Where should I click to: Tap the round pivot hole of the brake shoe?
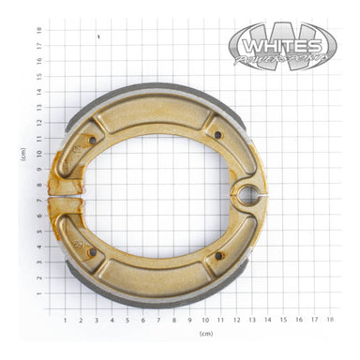point(248,195)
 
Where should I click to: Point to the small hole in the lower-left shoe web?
point(91,251)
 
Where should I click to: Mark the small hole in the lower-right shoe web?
point(218,255)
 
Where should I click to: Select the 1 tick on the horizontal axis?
point(65,320)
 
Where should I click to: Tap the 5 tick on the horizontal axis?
point(127,320)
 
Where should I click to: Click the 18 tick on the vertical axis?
point(38,30)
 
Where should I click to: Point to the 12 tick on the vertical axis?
point(38,123)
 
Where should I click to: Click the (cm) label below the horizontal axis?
point(205,334)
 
